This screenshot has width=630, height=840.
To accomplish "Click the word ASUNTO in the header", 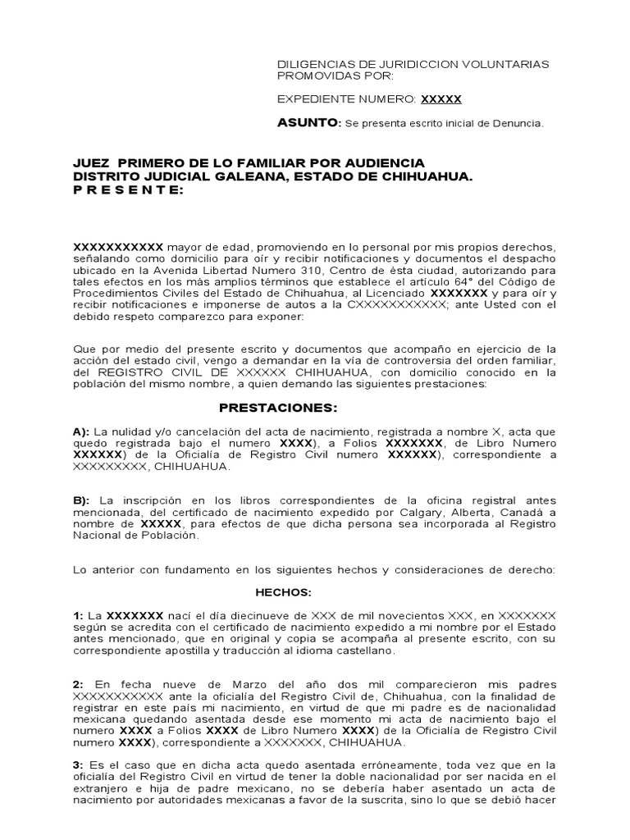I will (308, 122).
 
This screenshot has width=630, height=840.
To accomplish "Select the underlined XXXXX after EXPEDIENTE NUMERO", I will (441, 99).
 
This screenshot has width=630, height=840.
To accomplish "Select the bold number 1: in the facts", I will (79, 614).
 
